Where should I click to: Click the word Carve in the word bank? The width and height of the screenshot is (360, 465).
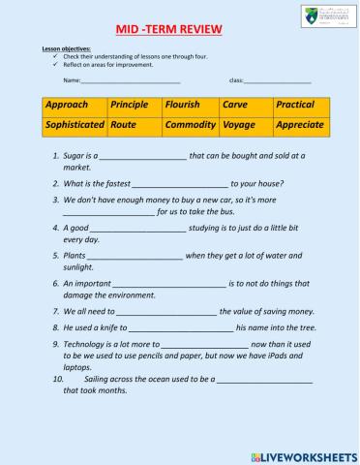pyautogui.click(x=236, y=104)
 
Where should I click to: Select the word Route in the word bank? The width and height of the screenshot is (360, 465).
pyautogui.click(x=124, y=125)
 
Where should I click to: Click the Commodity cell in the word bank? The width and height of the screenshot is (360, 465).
pyautogui.click(x=190, y=125)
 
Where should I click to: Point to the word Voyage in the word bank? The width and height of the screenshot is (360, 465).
pyautogui.click(x=239, y=125)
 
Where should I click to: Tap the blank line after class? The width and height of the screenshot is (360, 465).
pyautogui.click(x=277, y=81)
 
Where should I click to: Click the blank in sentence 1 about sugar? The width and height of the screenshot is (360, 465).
pyautogui.click(x=142, y=157)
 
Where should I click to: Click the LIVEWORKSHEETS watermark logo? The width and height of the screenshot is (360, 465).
pyautogui.click(x=301, y=454)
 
